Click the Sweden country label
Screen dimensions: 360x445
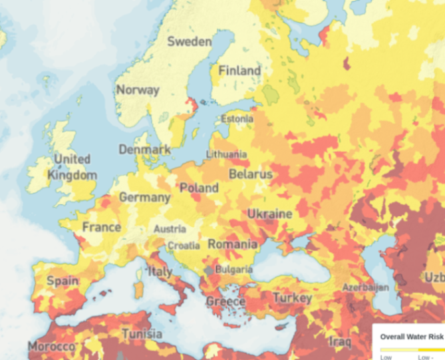click(x=189, y=41)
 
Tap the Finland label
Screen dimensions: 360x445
click(x=239, y=70)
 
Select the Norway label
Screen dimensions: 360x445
click(x=138, y=90)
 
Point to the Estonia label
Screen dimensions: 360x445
click(x=237, y=119)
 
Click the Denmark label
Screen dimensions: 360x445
click(x=144, y=150)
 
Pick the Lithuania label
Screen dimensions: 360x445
click(x=226, y=154)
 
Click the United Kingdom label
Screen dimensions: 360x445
click(x=72, y=167)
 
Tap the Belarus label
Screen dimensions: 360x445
click(x=251, y=174)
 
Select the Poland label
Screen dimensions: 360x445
click(x=199, y=188)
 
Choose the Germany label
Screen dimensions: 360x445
click(x=144, y=198)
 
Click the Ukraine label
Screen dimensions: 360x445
click(x=269, y=214)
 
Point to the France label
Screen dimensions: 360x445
click(x=102, y=227)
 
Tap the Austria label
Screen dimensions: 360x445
click(x=170, y=229)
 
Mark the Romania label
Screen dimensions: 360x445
click(x=232, y=244)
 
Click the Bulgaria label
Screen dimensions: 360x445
click(x=233, y=270)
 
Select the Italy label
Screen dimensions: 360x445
click(x=160, y=271)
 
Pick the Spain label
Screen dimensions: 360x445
click(x=63, y=281)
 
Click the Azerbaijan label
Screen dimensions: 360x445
click(x=365, y=287)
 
